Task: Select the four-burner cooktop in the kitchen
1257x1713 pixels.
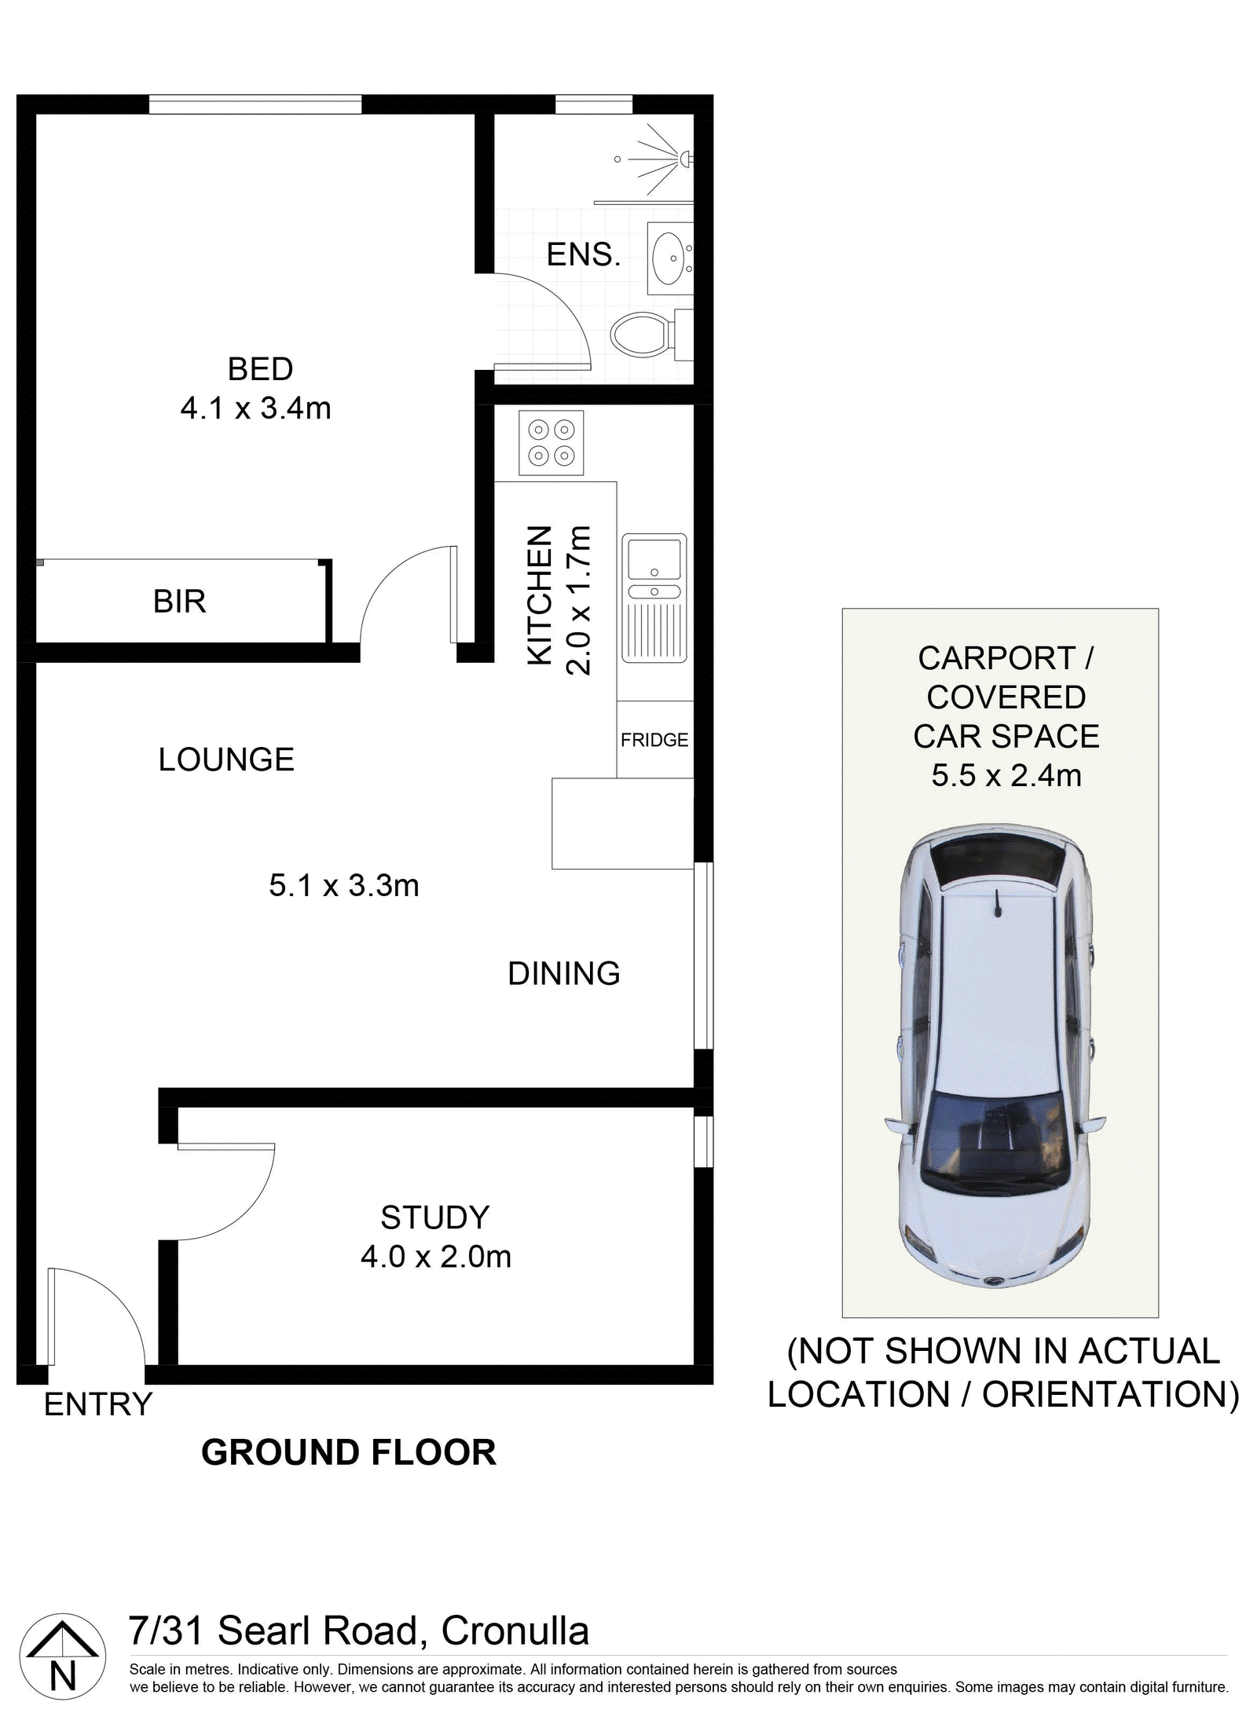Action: tap(551, 442)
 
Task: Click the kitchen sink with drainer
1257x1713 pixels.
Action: tap(654, 598)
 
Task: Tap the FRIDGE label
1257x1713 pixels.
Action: tap(654, 740)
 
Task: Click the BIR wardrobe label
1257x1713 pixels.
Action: tap(180, 602)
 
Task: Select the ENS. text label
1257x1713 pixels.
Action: tap(584, 254)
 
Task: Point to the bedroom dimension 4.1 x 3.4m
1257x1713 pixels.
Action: tap(256, 408)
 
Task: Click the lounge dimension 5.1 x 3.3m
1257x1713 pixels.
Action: tap(344, 886)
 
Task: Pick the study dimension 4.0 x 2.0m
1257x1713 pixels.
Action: tap(436, 1257)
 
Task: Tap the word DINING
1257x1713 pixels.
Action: tap(564, 974)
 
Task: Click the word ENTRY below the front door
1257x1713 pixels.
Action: tap(98, 1404)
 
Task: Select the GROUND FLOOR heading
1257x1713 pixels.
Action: tap(349, 1452)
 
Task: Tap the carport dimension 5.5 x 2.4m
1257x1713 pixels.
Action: tap(1006, 776)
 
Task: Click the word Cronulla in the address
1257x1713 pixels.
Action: tap(515, 1631)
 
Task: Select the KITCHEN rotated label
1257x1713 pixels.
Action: tap(540, 596)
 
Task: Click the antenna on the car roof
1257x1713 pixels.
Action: tap(999, 903)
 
